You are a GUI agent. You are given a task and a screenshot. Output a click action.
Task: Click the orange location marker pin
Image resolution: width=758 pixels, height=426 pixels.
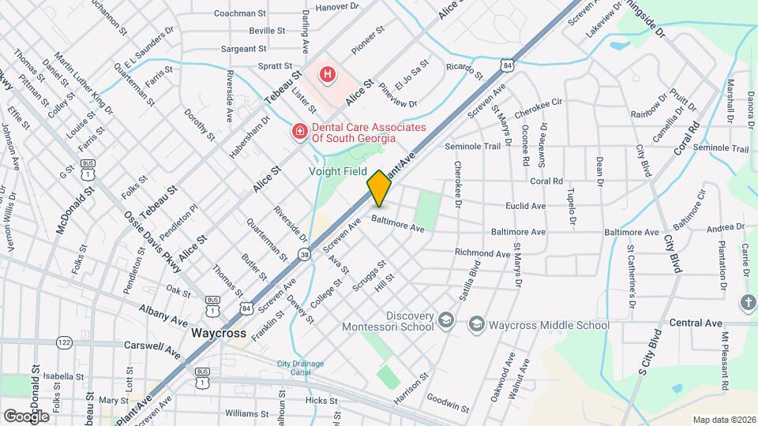379,188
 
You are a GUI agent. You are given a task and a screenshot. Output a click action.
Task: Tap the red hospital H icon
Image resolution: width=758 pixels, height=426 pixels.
327,75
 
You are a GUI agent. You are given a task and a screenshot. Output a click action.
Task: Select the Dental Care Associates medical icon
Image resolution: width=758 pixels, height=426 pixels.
300,131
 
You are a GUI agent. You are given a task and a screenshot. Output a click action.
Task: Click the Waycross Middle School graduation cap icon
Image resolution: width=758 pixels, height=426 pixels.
476,323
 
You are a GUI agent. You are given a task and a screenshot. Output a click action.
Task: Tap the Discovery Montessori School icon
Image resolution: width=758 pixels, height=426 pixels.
446,319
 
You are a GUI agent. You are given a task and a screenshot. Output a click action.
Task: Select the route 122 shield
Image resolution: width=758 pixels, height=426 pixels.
64,342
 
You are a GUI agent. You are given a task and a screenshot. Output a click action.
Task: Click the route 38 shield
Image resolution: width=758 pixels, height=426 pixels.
304,254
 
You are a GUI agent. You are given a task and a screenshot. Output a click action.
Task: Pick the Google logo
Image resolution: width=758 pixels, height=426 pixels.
26,416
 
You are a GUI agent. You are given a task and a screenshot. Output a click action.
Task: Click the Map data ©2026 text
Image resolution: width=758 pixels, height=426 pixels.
724,420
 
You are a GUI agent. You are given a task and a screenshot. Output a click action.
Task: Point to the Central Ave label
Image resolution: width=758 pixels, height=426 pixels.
696,323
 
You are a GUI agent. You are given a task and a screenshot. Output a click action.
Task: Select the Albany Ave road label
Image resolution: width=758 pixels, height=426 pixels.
164,314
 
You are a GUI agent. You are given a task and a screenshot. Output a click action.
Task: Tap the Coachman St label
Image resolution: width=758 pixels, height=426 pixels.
240,13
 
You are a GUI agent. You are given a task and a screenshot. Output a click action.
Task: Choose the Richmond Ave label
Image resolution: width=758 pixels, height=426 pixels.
482,254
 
